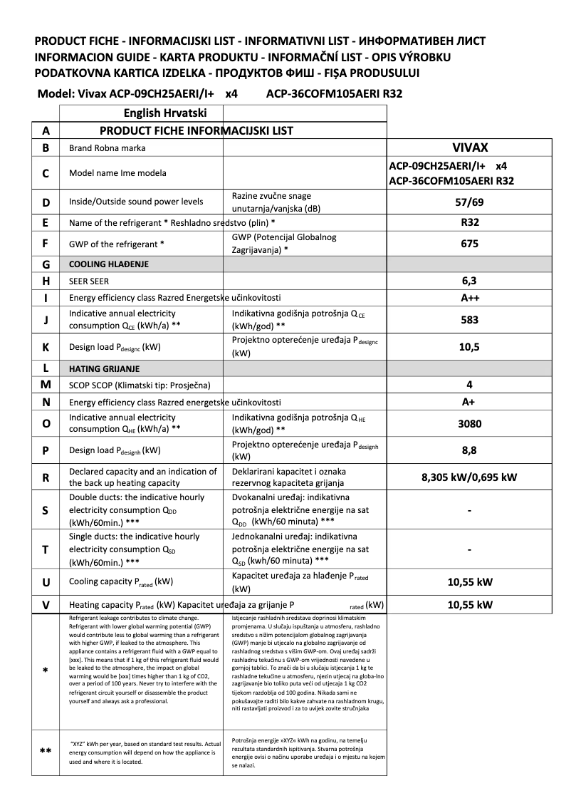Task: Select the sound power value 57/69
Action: point(469,202)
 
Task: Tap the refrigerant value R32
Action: point(469,222)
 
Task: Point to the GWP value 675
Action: point(469,244)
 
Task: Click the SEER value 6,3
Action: point(469,281)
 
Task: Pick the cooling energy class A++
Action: point(469,298)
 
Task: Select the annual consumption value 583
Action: point(469,320)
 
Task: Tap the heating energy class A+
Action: point(469,402)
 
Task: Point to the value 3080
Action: point(469,423)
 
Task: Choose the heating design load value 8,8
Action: point(469,450)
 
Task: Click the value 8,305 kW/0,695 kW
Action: point(469,478)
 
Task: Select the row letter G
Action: point(46,264)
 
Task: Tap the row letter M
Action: point(46,385)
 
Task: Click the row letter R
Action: point(46,478)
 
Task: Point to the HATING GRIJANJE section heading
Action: point(104,369)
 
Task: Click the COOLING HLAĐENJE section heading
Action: point(109,264)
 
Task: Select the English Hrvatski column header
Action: point(165,113)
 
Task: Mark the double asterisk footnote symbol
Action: point(46,751)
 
